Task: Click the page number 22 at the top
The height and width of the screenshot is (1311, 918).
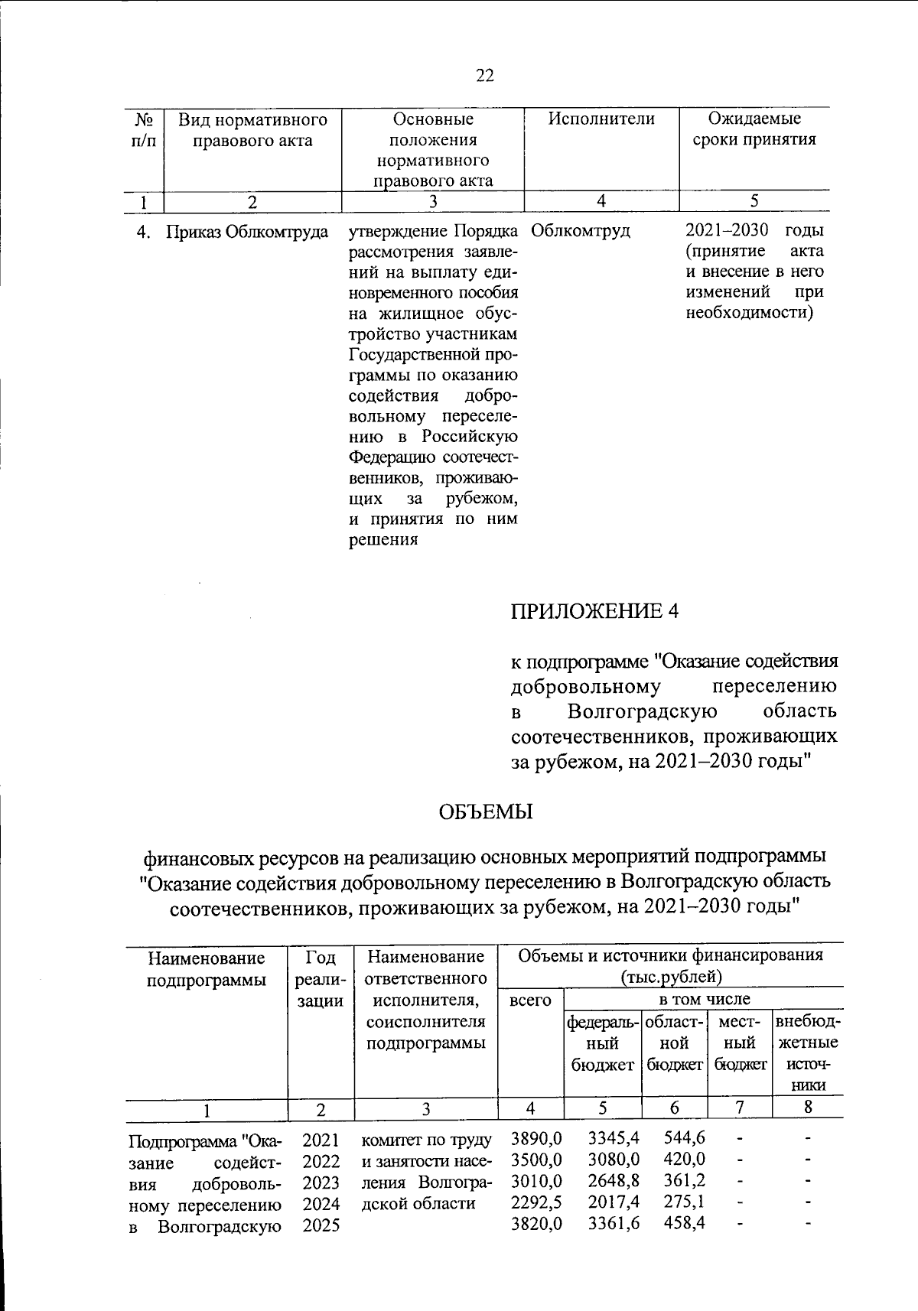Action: [485, 75]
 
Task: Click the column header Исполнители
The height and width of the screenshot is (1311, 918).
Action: [601, 119]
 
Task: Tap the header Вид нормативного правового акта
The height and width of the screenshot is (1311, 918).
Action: [252, 130]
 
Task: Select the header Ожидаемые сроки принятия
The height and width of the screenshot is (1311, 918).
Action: [754, 129]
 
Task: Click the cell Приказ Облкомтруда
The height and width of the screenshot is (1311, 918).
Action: [248, 232]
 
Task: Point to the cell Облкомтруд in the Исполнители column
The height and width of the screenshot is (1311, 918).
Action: [579, 231]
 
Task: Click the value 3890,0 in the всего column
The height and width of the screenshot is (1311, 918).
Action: [536, 1139]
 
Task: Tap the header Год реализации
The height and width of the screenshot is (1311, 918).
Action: [320, 978]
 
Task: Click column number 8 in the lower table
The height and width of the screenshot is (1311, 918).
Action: [808, 1108]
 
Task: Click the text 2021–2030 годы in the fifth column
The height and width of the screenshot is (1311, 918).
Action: [754, 231]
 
